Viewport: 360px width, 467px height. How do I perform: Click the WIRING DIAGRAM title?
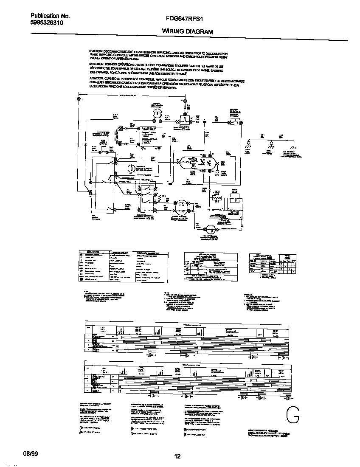point(187,31)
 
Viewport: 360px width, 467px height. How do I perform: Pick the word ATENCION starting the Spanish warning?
point(98,79)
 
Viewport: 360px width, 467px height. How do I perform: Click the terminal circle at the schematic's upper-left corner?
point(79,99)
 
